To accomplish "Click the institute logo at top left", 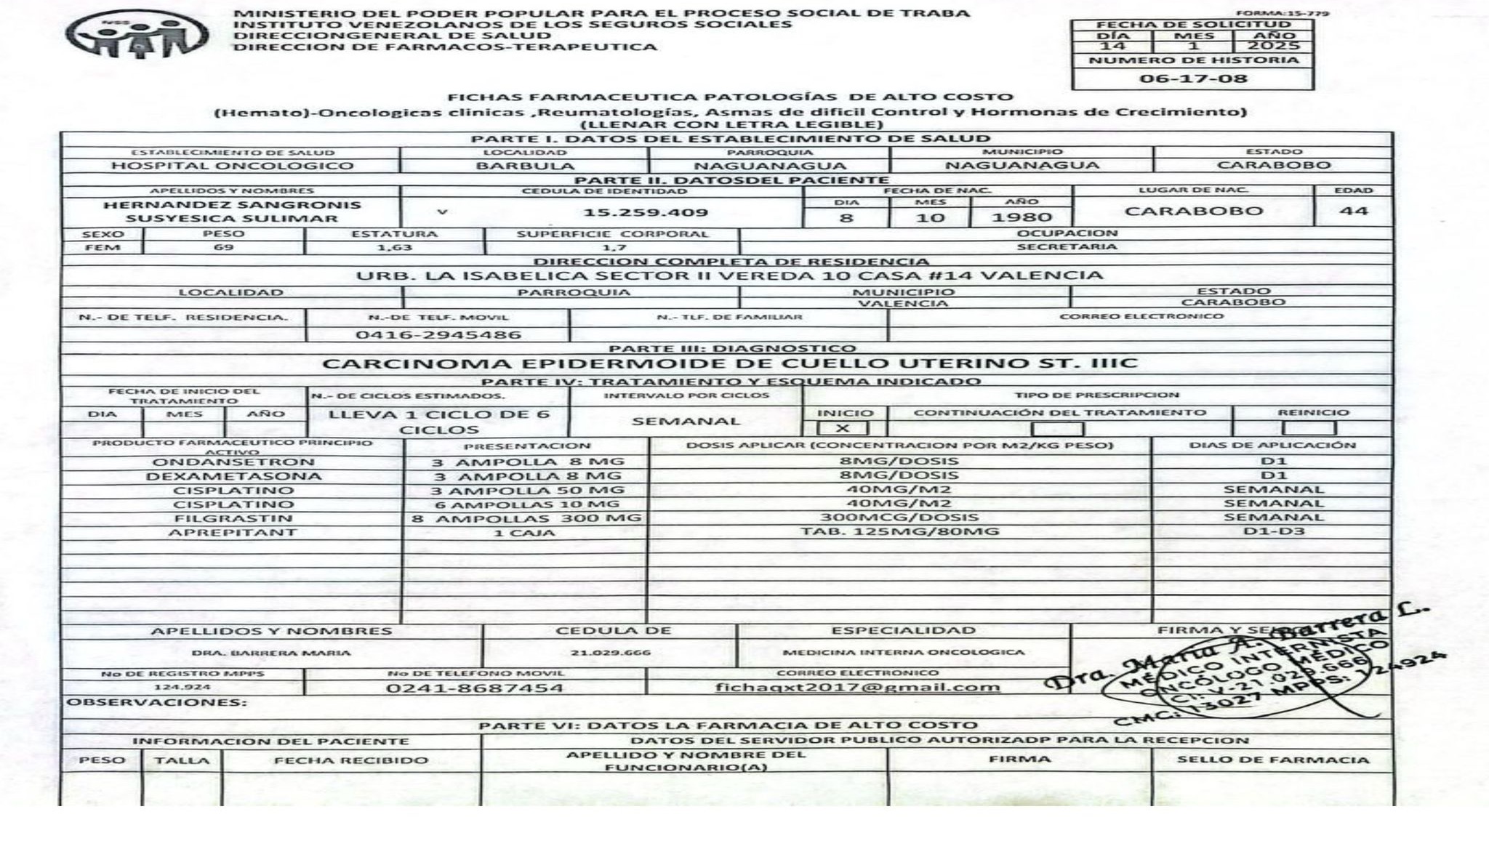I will pyautogui.click(x=137, y=33).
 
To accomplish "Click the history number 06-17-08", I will pyautogui.click(x=1193, y=79).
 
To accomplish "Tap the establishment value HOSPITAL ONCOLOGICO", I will pyautogui.click(x=232, y=166).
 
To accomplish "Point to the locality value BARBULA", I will pyautogui.click(x=525, y=166).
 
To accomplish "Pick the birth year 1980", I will pyautogui.click(x=1022, y=217).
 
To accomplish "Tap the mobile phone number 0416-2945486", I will pyautogui.click(x=438, y=335).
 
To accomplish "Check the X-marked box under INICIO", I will pyautogui.click(x=842, y=428).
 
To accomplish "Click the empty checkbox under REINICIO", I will pyautogui.click(x=1309, y=428).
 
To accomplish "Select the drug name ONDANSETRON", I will pyautogui.click(x=233, y=462).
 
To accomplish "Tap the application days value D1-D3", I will pyautogui.click(x=1273, y=531).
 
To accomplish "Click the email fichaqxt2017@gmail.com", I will pyautogui.click(x=857, y=688).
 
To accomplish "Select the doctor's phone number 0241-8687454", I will pyautogui.click(x=474, y=688).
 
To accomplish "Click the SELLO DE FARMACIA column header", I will pyautogui.click(x=1272, y=760).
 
